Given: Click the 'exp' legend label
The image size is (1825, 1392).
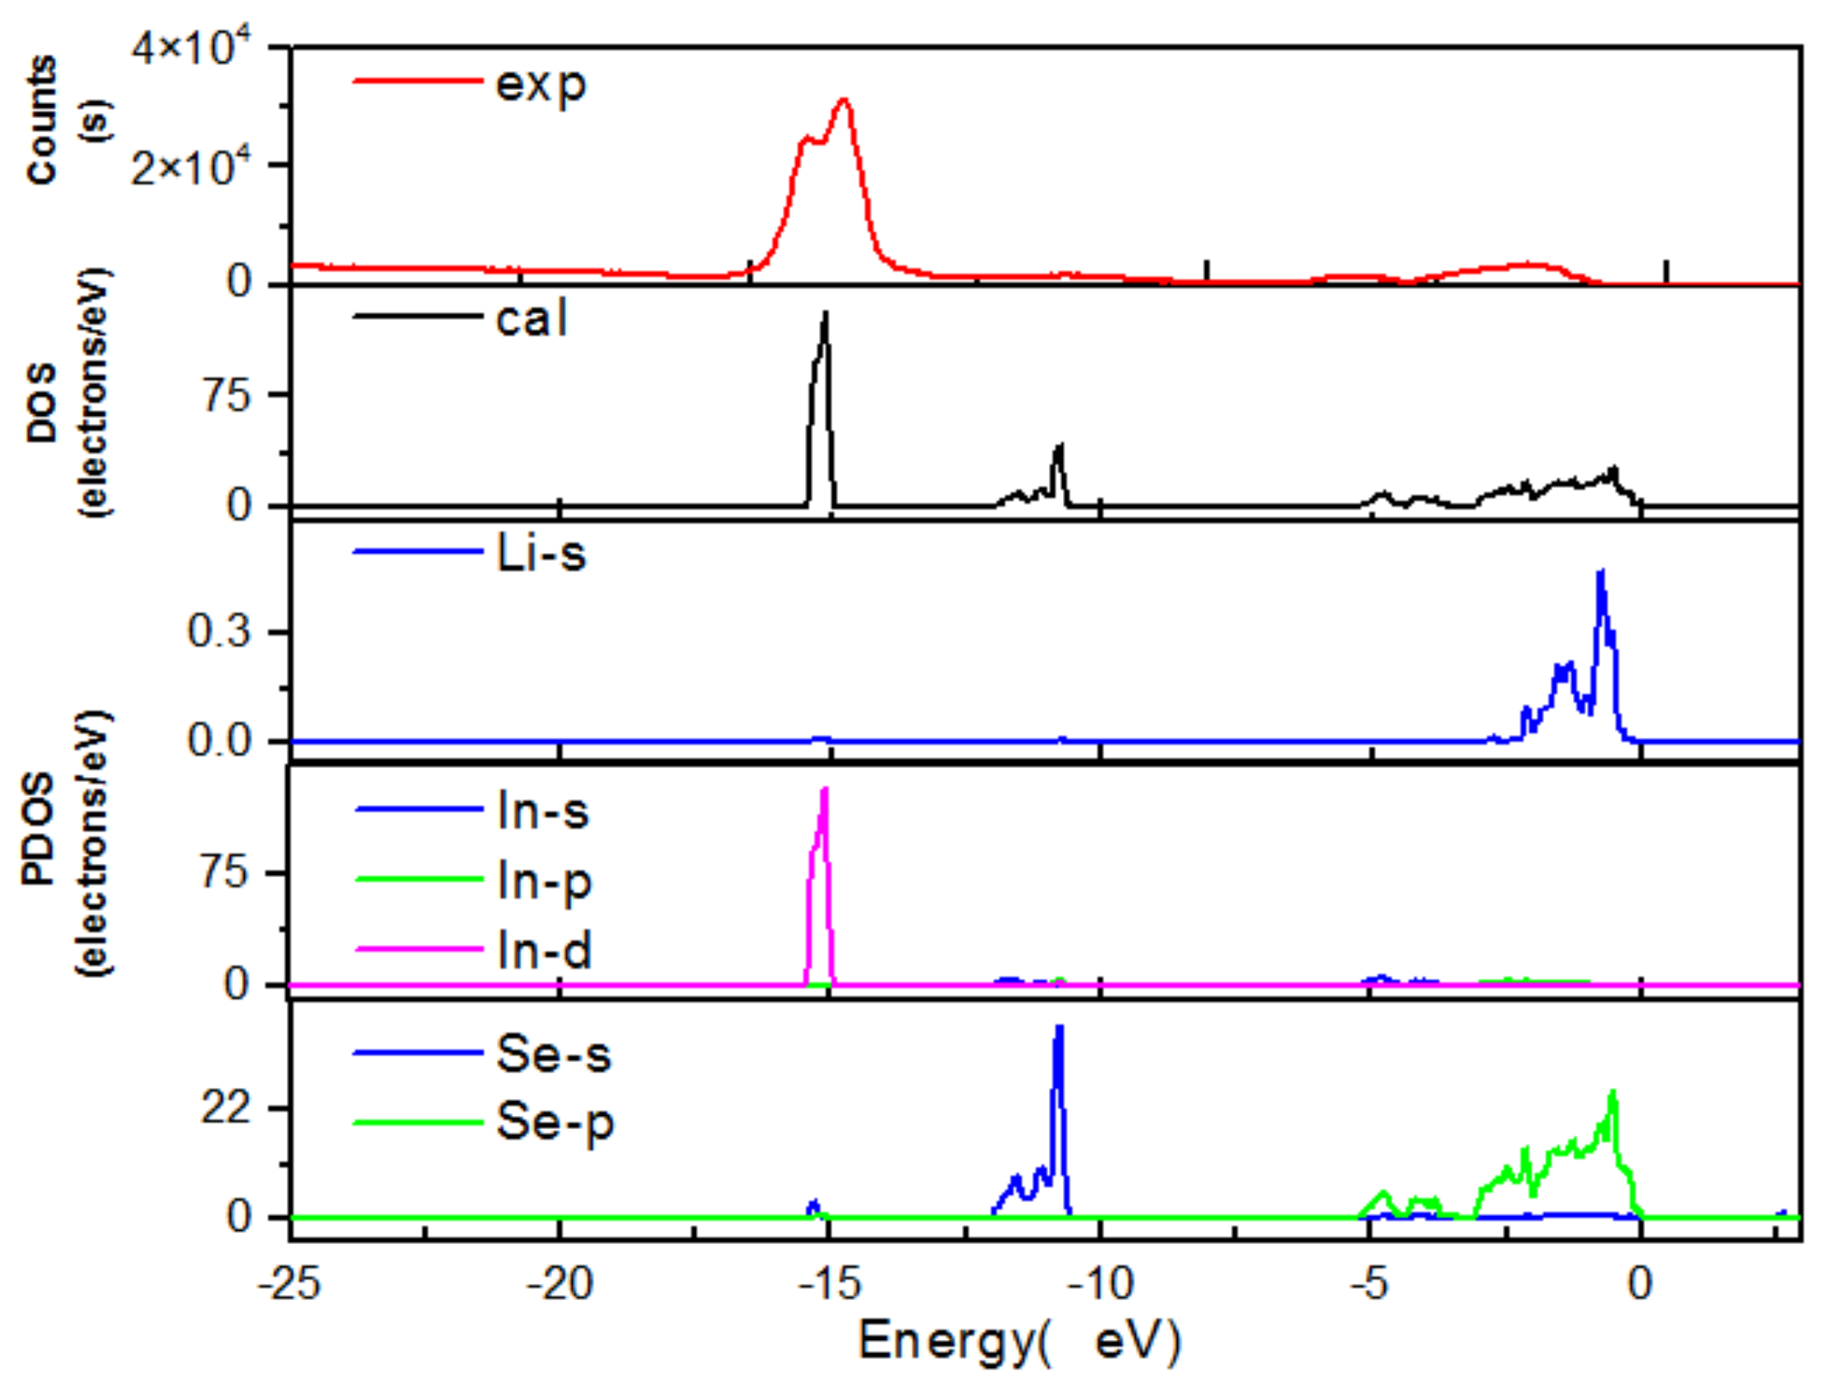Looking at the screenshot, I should [x=540, y=85].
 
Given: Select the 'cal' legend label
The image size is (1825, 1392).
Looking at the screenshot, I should [x=531, y=319].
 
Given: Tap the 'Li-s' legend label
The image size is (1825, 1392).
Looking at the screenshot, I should [x=541, y=554].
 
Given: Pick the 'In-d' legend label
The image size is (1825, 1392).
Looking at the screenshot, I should [x=544, y=951].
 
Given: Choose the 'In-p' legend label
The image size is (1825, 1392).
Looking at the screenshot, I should [x=544, y=883].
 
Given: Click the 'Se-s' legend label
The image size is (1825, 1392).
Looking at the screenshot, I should [x=554, y=1055].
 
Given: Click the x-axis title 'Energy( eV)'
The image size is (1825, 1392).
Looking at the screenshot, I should [x=1019, y=1342].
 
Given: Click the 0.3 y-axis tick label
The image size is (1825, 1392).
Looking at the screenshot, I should [x=219, y=632].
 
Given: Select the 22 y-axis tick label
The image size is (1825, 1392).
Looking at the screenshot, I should [x=226, y=1108].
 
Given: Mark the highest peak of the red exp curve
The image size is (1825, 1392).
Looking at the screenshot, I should [x=843, y=100].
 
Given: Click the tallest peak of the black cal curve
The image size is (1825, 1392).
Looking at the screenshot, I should [x=825, y=313].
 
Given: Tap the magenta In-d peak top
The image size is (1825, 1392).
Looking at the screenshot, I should [x=825, y=789].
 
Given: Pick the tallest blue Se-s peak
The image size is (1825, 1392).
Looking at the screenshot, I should [x=1059, y=1027].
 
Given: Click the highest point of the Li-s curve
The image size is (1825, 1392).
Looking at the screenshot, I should [x=1601, y=571].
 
